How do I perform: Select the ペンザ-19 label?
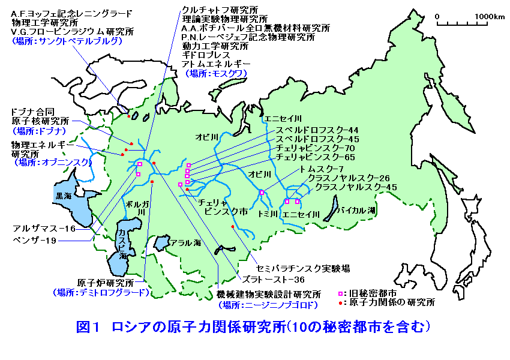(34, 240)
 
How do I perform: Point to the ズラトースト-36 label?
(274, 279)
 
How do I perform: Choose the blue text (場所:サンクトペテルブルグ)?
(67, 41)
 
